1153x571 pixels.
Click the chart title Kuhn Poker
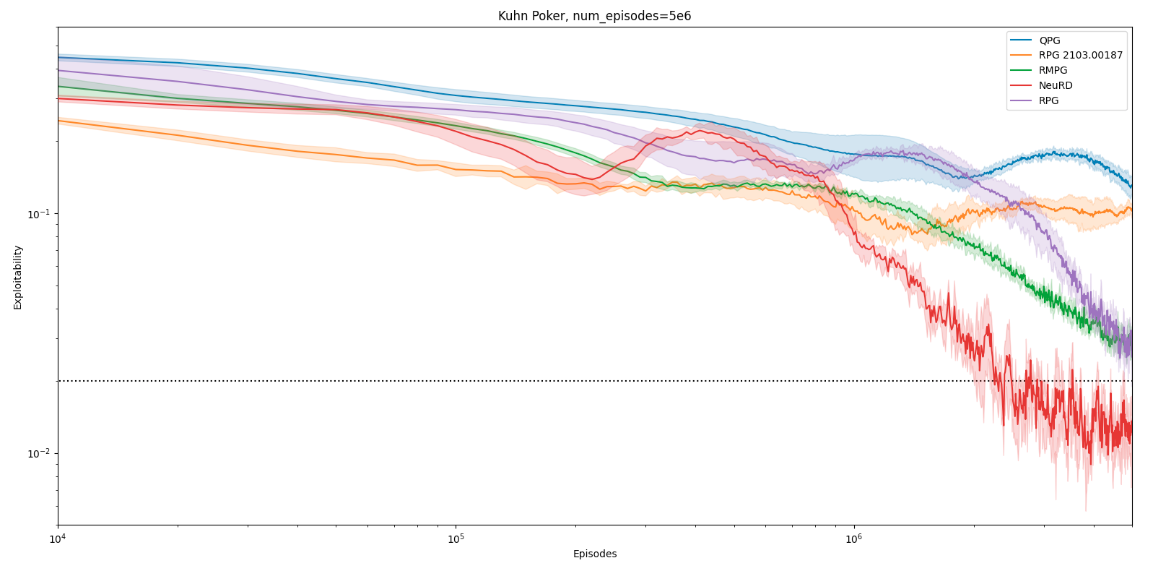tap(594, 16)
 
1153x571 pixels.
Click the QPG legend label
tap(1050, 40)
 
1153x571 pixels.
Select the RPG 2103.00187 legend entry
tap(1080, 56)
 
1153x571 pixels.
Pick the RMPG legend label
tap(1053, 71)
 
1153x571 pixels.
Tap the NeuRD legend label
tap(1056, 85)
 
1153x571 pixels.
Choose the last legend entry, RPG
tap(1048, 100)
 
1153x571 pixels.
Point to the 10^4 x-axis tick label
tap(58, 538)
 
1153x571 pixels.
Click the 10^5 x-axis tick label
tap(456, 538)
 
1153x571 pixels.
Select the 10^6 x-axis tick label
tap(854, 538)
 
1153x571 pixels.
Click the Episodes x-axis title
tap(594, 554)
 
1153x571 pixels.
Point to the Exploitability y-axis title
tap(18, 277)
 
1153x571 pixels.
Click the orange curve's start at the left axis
tap(59, 121)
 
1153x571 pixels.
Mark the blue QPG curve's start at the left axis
tap(59, 58)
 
